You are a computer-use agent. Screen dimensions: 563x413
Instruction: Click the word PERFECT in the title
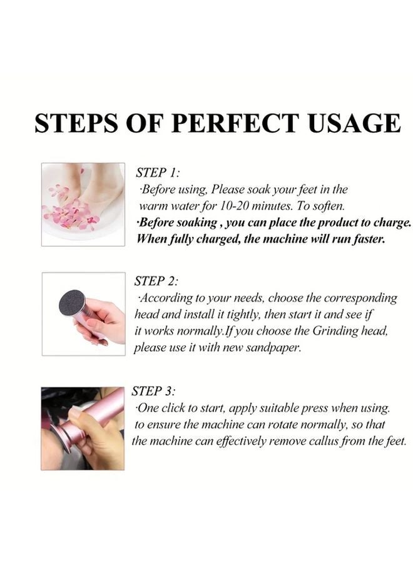pyautogui.click(x=240, y=123)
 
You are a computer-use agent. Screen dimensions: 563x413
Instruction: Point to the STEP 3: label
pyautogui.click(x=154, y=392)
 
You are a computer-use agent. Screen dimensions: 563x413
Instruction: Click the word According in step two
pyautogui.click(x=168, y=298)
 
